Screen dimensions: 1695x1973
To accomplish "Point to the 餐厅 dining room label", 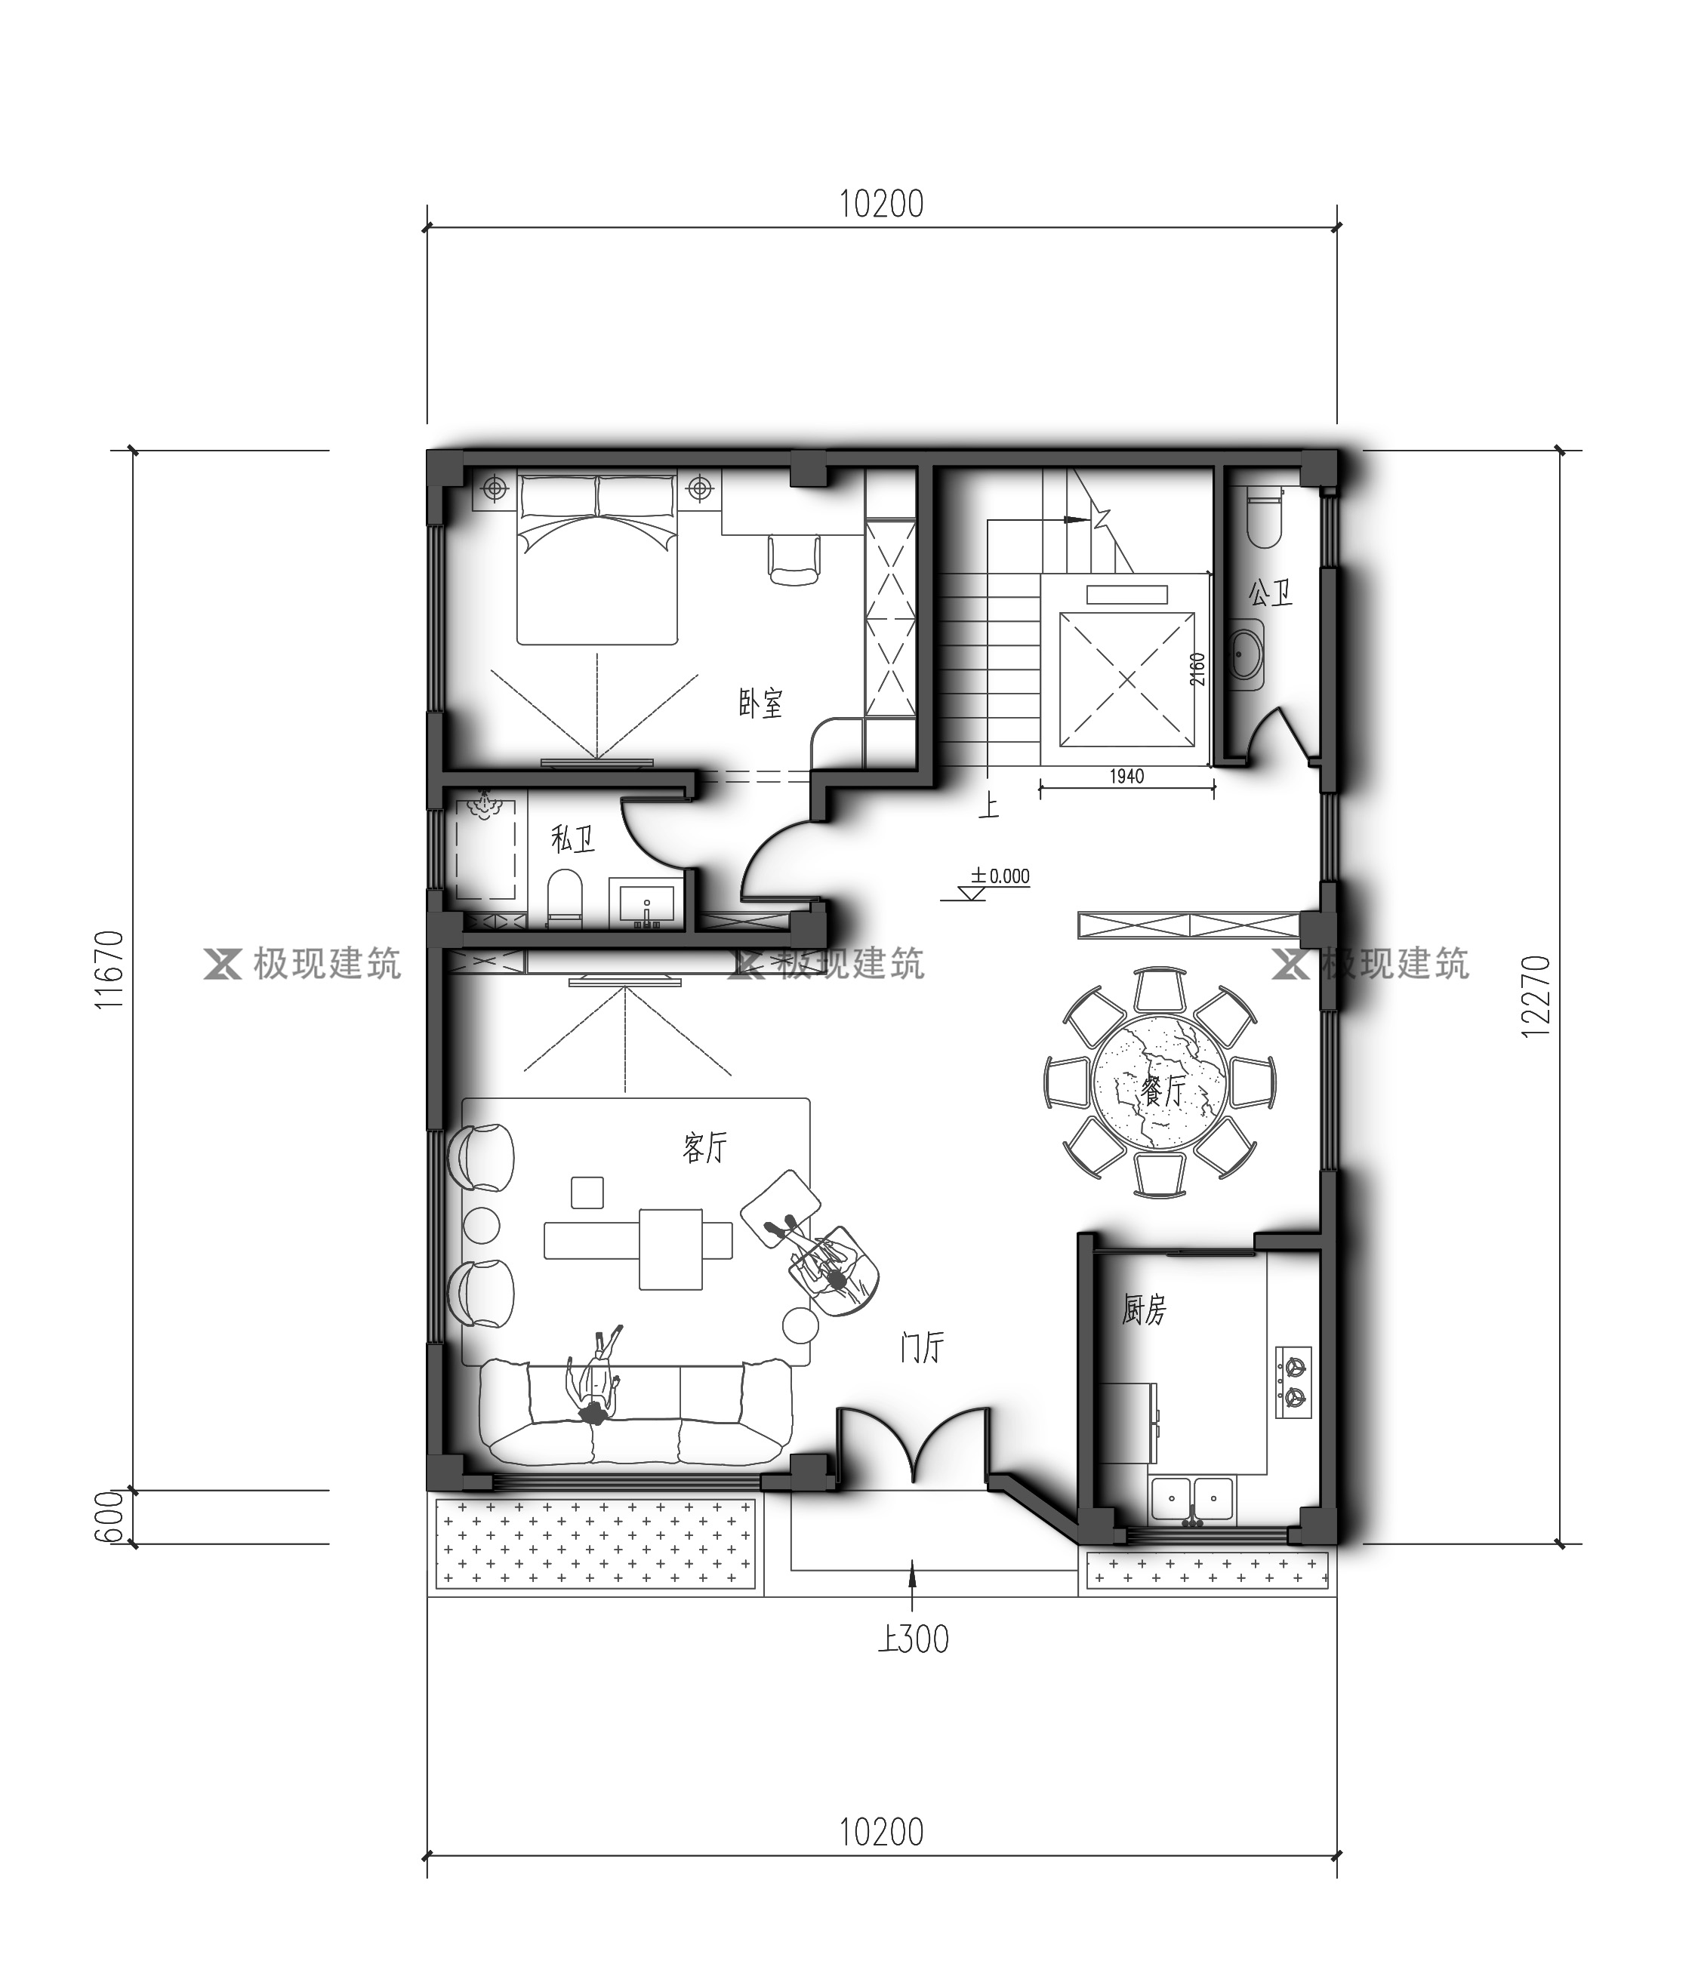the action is [1163, 1091].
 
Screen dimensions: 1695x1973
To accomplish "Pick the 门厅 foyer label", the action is [922, 1347].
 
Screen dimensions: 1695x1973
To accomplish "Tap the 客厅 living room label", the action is [704, 1147].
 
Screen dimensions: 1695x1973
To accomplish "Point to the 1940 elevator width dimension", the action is [1126, 776].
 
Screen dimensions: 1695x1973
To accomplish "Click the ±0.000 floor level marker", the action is [1000, 876].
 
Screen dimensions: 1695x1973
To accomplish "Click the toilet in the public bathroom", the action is [1265, 517].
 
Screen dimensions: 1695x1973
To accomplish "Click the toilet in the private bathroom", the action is [565, 895].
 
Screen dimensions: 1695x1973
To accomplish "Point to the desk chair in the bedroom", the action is [794, 558].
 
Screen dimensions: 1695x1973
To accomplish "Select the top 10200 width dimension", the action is [882, 204].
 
